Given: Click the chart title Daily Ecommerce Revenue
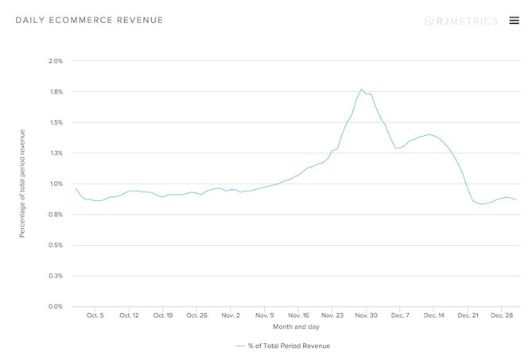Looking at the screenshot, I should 89,20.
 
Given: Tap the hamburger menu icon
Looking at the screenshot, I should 514,20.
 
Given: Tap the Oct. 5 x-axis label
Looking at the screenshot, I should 95,315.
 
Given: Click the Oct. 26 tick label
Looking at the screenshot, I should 196,315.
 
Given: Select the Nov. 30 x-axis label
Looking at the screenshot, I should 367,315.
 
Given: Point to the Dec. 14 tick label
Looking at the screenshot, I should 434,315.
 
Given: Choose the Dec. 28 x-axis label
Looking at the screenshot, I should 502,315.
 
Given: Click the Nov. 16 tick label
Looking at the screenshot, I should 298,315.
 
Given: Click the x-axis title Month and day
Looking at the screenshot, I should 297,327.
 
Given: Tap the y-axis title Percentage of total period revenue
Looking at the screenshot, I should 22,184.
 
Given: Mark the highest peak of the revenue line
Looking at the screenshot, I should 362,89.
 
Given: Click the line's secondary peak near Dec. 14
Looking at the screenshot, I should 429,134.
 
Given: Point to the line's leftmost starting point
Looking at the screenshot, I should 76,188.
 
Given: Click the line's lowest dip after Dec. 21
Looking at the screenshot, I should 482,204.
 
